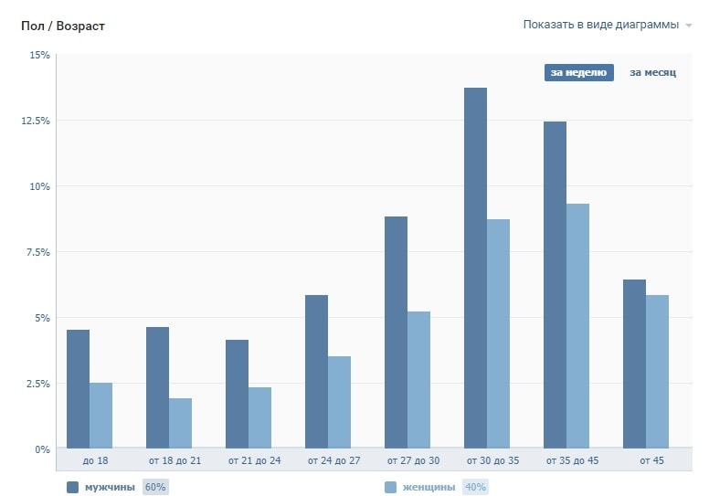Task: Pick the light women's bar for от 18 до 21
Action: click(x=180, y=424)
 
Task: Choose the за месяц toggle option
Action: click(x=652, y=73)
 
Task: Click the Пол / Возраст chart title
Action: click(x=63, y=26)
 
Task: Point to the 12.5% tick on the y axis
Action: click(x=35, y=121)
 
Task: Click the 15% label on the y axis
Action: click(x=39, y=55)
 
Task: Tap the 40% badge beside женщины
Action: click(x=475, y=487)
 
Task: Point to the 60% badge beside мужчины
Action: click(x=154, y=487)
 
